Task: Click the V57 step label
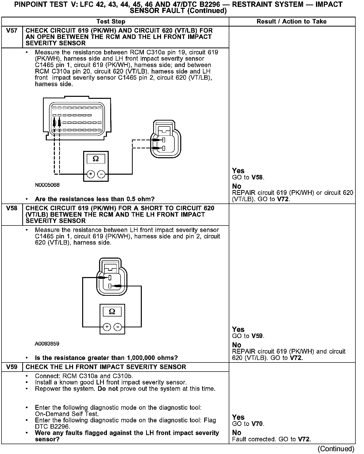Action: (x=12, y=31)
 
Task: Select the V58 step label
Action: (x=12, y=208)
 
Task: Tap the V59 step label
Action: (x=12, y=367)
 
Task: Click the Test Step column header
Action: (x=111, y=22)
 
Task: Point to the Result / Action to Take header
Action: (x=291, y=22)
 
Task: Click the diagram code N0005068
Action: (x=47, y=185)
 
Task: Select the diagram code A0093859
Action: (x=47, y=344)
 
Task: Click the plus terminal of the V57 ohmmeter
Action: (x=90, y=174)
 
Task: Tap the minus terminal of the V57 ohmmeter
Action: (x=101, y=174)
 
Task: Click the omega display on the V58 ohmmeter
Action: (x=112, y=311)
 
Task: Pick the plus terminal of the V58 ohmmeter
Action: (x=107, y=327)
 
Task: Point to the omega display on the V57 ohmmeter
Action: (x=96, y=159)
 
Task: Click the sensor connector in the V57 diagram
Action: (x=165, y=140)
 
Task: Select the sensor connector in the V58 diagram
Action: (x=111, y=277)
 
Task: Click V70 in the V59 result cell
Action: (x=257, y=424)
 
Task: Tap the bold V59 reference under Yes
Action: (x=257, y=336)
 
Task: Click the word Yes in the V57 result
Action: (x=238, y=171)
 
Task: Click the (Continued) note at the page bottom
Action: (x=336, y=449)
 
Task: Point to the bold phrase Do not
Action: (x=108, y=389)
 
